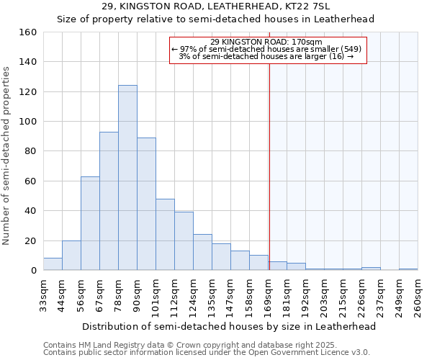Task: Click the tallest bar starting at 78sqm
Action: click(127, 178)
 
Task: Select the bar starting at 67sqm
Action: click(109, 201)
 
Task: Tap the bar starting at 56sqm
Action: click(90, 223)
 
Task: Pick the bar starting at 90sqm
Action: click(146, 204)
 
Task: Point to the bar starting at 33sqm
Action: click(53, 264)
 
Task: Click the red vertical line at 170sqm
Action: click(269, 166)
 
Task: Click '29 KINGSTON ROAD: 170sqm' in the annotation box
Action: click(268, 42)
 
